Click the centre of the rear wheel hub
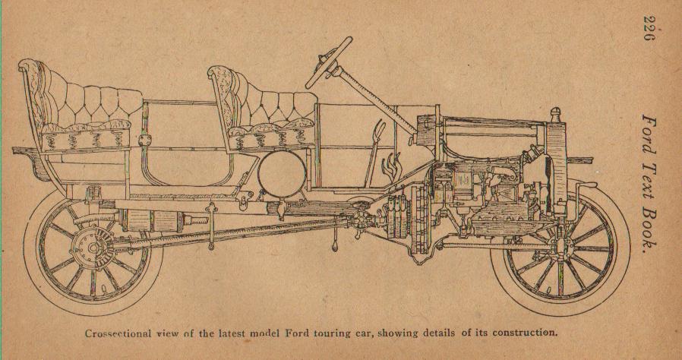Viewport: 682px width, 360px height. point(93,248)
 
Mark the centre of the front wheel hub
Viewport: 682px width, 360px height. point(560,248)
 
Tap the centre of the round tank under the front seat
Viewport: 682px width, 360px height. point(282,173)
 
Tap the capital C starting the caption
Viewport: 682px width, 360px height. point(89,334)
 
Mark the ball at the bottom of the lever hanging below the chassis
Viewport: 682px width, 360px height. point(335,247)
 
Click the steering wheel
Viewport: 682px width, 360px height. point(329,62)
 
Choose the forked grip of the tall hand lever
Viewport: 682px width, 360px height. point(379,128)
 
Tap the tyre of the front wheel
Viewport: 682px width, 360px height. point(560,248)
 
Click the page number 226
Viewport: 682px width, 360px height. point(649,27)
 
